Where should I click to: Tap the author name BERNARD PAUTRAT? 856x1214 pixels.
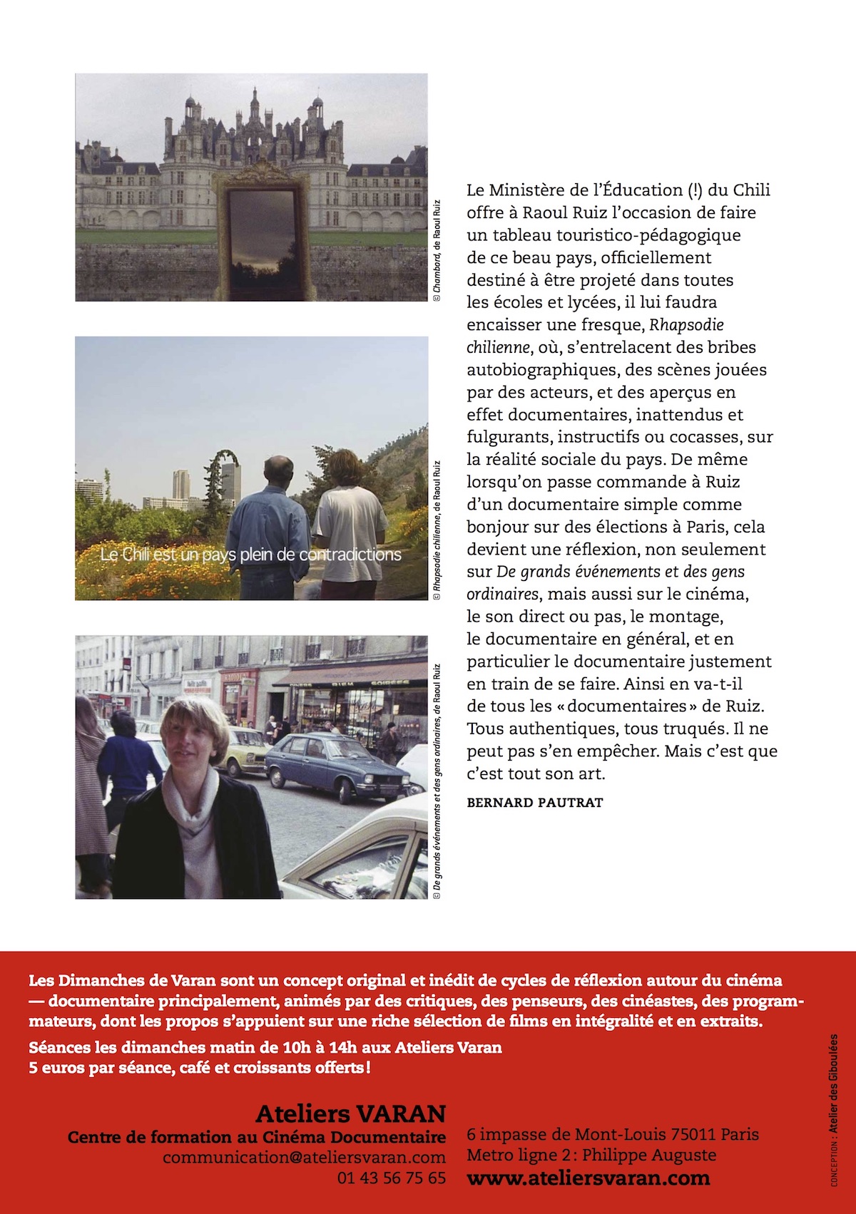[534, 803]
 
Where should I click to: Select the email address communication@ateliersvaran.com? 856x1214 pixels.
[304, 1157]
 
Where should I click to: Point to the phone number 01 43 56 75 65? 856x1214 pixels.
[392, 1178]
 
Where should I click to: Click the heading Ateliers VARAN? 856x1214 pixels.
[350, 1113]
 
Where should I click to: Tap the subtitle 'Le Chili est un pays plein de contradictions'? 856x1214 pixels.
[251, 555]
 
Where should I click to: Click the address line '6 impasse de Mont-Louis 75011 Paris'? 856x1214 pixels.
[613, 1134]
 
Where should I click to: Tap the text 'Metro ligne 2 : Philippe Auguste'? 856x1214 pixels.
[591, 1155]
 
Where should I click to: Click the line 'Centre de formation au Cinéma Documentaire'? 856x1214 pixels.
[257, 1137]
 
